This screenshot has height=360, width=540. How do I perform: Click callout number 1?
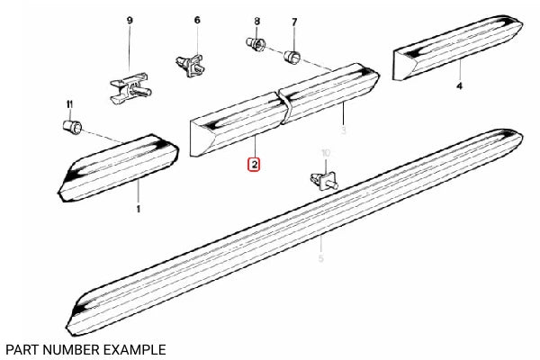click(x=139, y=209)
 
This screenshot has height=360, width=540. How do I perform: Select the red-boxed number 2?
click(x=255, y=165)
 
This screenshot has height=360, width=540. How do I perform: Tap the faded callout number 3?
click(x=345, y=130)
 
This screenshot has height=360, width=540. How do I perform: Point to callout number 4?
click(x=459, y=86)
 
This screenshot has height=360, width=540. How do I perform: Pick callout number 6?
click(x=197, y=20)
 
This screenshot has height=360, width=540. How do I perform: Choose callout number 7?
click(x=293, y=21)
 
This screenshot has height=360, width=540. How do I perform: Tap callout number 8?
click(x=256, y=21)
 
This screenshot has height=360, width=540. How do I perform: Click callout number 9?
click(x=129, y=20)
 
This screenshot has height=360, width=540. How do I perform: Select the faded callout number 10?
click(x=326, y=153)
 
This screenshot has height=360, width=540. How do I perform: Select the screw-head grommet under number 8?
click(x=254, y=42)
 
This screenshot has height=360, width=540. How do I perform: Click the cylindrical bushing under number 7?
click(x=292, y=59)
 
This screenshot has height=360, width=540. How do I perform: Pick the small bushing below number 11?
click(x=70, y=126)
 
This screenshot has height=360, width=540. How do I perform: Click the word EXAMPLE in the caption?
click(x=130, y=348)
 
